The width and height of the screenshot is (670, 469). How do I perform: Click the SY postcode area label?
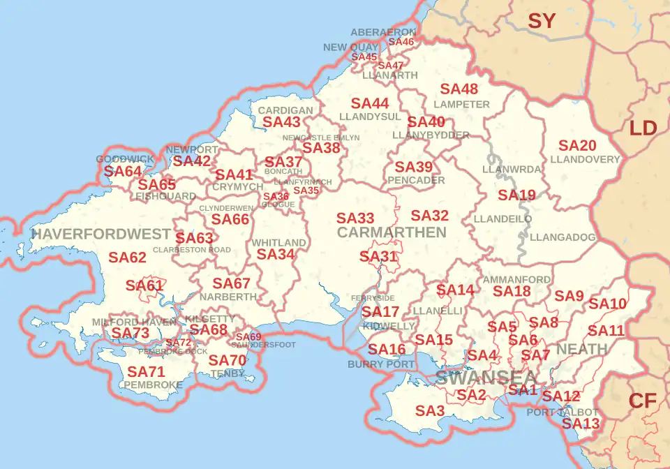coord(542,21)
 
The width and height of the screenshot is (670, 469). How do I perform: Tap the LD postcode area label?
coord(643,128)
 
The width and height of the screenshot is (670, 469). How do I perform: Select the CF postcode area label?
coord(642,401)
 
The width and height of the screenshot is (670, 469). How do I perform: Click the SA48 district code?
coord(459,89)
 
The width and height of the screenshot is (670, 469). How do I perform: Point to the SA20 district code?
coord(578,146)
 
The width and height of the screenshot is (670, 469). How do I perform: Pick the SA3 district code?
coord(430,412)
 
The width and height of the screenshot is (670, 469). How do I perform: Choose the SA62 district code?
coord(128,258)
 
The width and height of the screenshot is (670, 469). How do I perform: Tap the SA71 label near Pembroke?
coord(146,372)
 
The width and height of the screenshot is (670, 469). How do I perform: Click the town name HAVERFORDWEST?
coord(101,234)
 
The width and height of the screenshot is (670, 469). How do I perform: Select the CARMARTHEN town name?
coord(392,232)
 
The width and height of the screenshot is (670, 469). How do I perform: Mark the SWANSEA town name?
coord(477,378)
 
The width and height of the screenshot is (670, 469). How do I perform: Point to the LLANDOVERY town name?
coord(585,159)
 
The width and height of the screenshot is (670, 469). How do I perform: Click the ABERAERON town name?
coord(383,32)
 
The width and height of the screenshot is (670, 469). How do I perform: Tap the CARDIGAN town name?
coord(285,110)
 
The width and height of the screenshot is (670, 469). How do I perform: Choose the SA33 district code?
coord(355,218)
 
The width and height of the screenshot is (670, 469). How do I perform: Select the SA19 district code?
coord(516,195)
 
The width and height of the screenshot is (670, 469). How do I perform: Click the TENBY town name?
coord(228,373)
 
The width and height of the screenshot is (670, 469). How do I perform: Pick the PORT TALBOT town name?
coord(563,412)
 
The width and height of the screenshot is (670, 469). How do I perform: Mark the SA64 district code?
coord(123,171)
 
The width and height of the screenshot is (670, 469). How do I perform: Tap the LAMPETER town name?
coord(461,104)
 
